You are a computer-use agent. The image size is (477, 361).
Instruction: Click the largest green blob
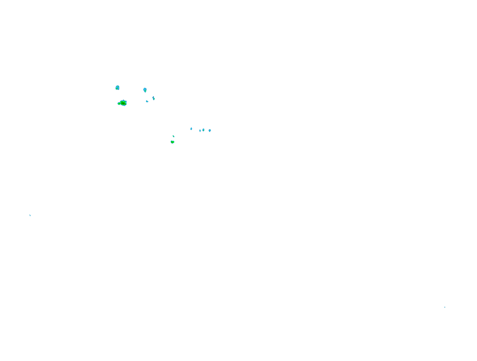[x=123, y=103]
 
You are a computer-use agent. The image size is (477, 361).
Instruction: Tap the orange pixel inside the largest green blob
[x=124, y=104]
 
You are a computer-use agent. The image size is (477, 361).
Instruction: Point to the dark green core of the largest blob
[x=123, y=103]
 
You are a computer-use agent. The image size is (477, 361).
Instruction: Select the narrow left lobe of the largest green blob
[x=119, y=103]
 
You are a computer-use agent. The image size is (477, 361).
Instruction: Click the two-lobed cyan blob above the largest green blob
[x=117, y=87]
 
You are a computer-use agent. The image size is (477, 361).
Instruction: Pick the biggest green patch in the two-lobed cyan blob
[x=117, y=88]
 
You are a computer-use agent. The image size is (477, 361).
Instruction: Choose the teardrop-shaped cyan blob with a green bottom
[x=145, y=90]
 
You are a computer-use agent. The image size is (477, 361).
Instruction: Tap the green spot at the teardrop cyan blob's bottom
[x=145, y=91]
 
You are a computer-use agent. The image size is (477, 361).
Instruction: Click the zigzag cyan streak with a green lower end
[x=154, y=98]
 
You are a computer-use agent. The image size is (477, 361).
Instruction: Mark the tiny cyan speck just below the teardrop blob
[x=147, y=101]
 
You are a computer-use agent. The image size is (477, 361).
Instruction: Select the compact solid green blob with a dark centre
[x=172, y=142]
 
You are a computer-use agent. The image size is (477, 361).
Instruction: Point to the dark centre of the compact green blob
[x=172, y=142]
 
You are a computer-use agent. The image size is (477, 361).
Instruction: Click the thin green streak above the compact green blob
[x=173, y=136]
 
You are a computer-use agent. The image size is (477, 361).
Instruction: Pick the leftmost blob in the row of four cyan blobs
[x=191, y=129]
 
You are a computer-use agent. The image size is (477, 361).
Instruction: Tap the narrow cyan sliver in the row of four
[x=200, y=131]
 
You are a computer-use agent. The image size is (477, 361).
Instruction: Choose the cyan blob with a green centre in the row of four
[x=203, y=130]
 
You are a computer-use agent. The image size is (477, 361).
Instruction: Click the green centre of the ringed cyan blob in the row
[x=203, y=130]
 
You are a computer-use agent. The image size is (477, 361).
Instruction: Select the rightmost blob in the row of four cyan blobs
[x=210, y=131]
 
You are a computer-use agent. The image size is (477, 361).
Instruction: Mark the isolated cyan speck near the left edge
[x=30, y=215]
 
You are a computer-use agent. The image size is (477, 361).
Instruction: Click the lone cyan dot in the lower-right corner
[x=445, y=307]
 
